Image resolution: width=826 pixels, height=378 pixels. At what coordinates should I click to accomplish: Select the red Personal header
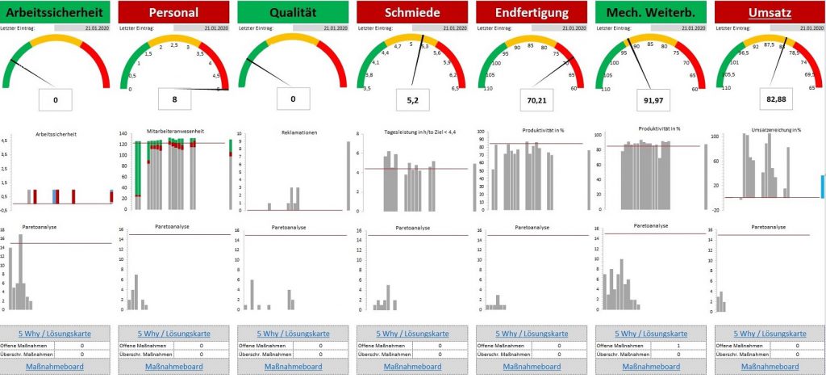[x=173, y=12]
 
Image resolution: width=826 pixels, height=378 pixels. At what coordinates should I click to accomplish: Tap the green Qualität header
[x=293, y=12]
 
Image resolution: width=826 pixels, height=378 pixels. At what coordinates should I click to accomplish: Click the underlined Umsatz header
[x=770, y=12]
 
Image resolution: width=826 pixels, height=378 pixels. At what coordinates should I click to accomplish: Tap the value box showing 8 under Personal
[x=173, y=99]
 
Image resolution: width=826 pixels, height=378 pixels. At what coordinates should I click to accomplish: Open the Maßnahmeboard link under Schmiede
[x=411, y=367]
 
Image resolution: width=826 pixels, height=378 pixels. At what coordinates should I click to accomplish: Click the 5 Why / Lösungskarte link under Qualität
[x=293, y=333]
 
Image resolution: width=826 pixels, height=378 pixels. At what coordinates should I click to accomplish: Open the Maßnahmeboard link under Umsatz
[x=770, y=367]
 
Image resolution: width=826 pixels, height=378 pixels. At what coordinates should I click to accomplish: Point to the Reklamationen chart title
[x=293, y=130]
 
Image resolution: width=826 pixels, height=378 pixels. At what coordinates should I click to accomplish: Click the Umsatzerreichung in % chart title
[x=770, y=130]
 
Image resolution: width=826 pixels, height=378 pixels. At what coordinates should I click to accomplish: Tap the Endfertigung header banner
[x=531, y=12]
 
